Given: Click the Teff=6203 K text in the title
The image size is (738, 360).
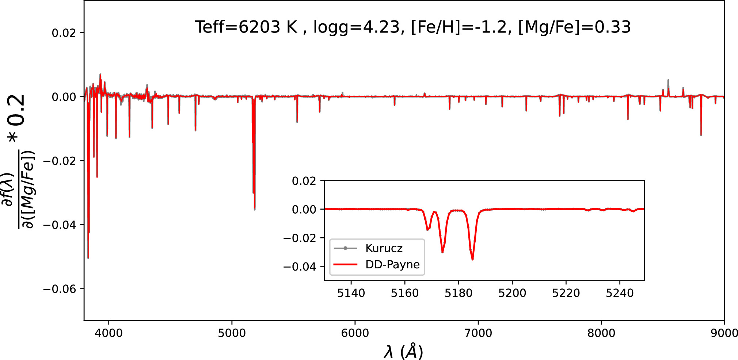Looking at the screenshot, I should pyautogui.click(x=246, y=27).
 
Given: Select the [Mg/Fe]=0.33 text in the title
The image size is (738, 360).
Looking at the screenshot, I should pyautogui.click(x=574, y=27).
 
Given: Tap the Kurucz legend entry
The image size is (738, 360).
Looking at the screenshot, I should pyautogui.click(x=384, y=248).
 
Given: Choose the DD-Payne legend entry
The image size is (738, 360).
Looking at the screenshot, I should pyautogui.click(x=392, y=264).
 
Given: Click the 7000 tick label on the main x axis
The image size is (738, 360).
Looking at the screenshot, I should pyautogui.click(x=478, y=333).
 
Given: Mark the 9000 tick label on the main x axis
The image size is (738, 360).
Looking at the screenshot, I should pyautogui.click(x=724, y=333).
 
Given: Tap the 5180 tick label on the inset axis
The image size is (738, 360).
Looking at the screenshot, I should pyautogui.click(x=459, y=293).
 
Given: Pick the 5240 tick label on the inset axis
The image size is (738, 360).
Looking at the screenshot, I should pyautogui.click(x=620, y=293).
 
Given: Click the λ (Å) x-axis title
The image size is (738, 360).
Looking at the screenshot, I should pyautogui.click(x=403, y=351).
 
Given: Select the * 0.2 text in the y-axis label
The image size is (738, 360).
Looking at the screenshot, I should pyautogui.click(x=16, y=119).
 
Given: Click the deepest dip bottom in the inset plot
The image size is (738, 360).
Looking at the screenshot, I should pyautogui.click(x=472, y=259).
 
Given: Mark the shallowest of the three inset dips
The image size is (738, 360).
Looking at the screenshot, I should pyautogui.click(x=428, y=229).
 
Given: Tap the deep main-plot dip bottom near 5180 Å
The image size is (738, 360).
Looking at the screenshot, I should pyautogui.click(x=255, y=209).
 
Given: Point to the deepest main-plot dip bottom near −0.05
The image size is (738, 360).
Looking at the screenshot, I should pyautogui.click(x=88, y=257).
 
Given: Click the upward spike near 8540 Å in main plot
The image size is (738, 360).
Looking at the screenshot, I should pyautogui.click(x=668, y=80).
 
